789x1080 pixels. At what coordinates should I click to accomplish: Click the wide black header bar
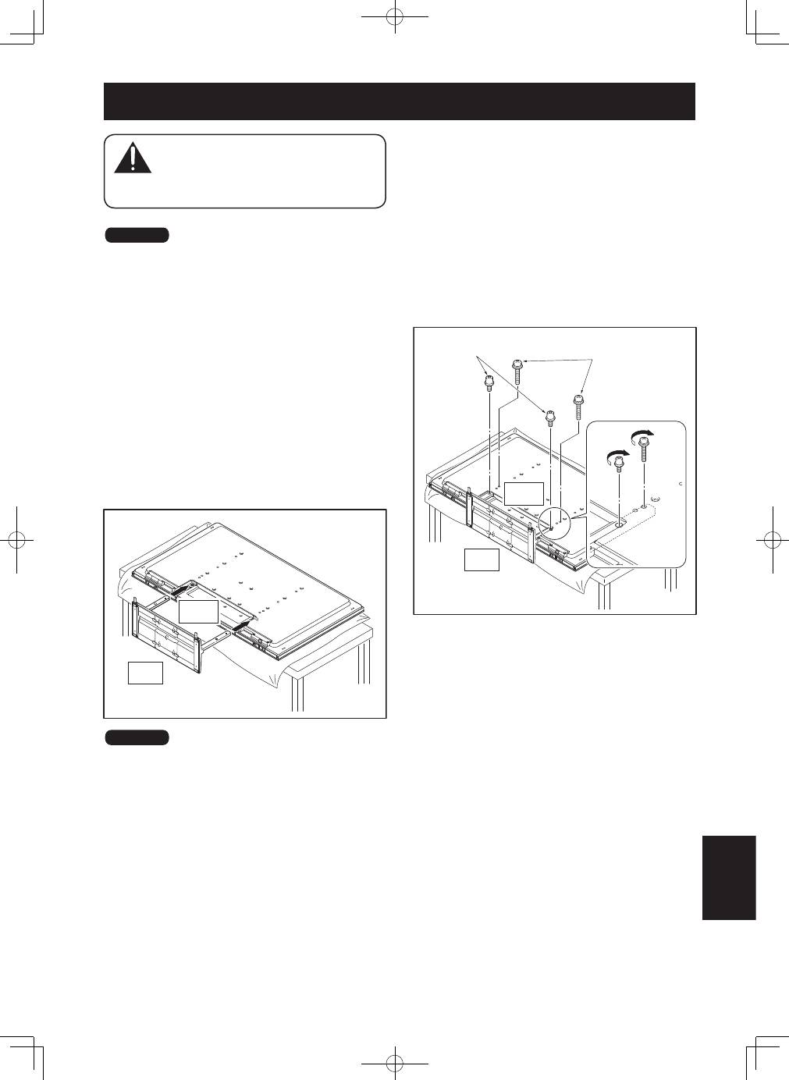tap(399, 101)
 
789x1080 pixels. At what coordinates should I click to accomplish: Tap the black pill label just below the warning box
tap(137, 236)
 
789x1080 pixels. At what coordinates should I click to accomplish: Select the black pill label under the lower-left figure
tap(137, 737)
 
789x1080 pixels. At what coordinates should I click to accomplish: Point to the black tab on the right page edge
tap(729, 878)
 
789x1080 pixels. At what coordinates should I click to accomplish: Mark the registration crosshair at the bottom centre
tap(396, 1063)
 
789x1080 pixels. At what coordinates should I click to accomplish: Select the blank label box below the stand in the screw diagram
tap(482, 559)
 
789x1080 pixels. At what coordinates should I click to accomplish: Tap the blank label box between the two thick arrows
tap(197, 611)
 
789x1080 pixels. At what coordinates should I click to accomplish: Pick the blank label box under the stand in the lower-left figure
tap(145, 672)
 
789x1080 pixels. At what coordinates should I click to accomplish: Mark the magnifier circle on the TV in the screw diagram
tap(553, 523)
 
